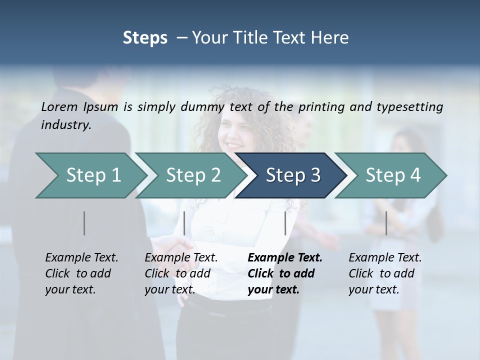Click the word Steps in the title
point(145,38)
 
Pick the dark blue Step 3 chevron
point(293,175)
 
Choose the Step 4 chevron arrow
point(393,175)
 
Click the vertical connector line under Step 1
point(84,223)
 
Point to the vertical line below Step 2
point(184,223)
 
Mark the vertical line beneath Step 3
point(285,223)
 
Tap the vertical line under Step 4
point(386,223)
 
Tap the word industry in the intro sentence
point(65,124)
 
